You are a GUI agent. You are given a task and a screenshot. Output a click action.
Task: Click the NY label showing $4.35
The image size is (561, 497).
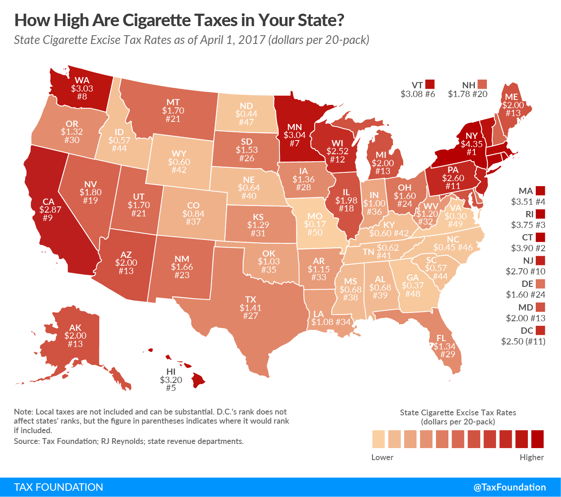click(x=472, y=144)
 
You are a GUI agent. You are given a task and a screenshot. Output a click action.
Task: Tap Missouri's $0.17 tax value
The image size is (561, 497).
click(x=315, y=224)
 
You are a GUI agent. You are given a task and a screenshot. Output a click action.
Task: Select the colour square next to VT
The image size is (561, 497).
click(x=430, y=84)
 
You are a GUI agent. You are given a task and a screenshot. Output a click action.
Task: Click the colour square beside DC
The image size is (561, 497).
click(x=540, y=330)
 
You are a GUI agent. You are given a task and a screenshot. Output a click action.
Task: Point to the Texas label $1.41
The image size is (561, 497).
click(x=250, y=308)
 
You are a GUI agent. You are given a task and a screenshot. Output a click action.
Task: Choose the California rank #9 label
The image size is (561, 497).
click(x=47, y=218)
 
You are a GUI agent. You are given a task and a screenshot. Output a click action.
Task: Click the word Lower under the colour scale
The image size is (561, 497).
click(x=382, y=457)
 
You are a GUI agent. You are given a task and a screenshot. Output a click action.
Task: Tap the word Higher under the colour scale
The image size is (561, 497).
click(x=532, y=457)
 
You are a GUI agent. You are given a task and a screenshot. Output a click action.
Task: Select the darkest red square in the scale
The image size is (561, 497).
click(x=537, y=439)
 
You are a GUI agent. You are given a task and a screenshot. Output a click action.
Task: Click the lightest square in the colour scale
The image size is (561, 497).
click(x=378, y=439)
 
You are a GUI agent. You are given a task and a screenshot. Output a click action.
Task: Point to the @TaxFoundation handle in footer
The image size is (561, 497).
click(x=510, y=487)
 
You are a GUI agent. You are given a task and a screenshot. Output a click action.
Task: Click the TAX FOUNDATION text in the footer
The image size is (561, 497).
click(x=58, y=487)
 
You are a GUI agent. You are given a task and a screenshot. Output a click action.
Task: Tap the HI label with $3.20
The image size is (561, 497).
click(x=171, y=380)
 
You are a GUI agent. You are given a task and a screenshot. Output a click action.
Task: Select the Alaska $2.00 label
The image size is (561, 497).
click(x=75, y=336)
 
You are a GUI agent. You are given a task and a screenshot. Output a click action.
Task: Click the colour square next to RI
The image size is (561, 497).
click(x=540, y=214)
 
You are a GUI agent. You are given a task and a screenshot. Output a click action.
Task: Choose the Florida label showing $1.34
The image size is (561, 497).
click(x=444, y=346)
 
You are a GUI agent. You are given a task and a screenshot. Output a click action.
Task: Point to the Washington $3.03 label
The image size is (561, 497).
click(x=82, y=88)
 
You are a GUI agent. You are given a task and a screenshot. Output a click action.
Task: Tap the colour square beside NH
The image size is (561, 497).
click(x=482, y=84)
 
